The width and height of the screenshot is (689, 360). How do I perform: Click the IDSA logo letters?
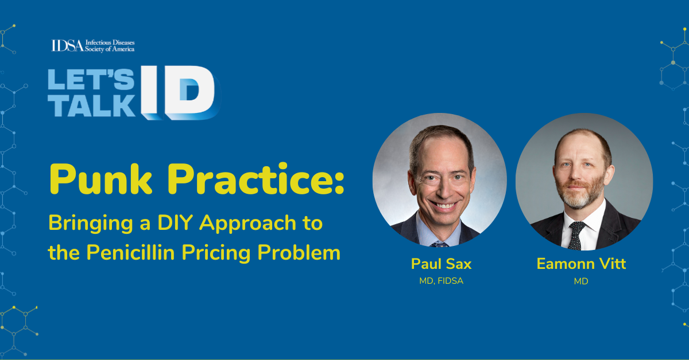67,45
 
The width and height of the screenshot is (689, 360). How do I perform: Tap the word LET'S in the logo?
91,79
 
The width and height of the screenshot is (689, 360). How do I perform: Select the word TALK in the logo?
92,105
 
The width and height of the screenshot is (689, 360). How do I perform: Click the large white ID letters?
180,92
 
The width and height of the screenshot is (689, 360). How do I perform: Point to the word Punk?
101,179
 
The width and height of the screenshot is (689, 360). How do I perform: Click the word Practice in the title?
256,179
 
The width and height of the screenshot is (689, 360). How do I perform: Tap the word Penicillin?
130,252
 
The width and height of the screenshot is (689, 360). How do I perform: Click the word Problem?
299,252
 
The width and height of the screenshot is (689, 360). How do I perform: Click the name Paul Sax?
441,264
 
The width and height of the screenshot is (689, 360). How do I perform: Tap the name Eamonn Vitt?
581,264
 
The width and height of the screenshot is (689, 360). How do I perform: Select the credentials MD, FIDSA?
441,281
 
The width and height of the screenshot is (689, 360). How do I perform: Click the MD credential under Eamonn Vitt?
581,281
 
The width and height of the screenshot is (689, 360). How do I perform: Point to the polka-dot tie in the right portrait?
575,235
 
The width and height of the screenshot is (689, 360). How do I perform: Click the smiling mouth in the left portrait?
444,205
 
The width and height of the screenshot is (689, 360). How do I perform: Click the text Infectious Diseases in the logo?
110,42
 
